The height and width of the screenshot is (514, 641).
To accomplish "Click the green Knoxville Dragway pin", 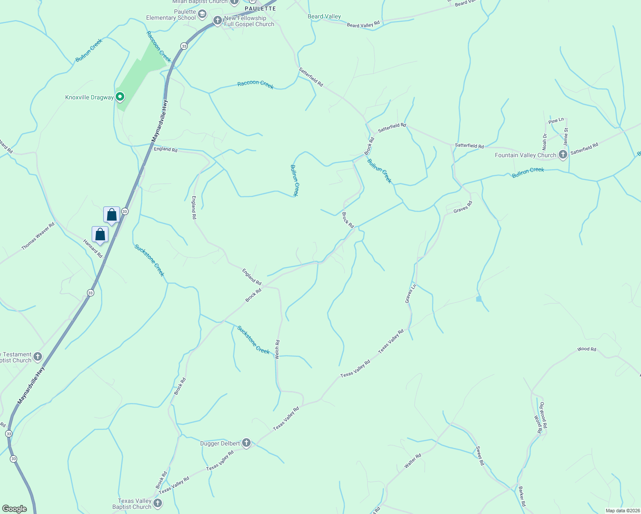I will click(120, 97).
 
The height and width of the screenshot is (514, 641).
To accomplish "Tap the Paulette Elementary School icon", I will click(202, 15).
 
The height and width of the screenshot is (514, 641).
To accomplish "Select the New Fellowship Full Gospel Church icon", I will click(218, 21).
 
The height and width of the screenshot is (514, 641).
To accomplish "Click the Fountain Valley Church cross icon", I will click(563, 155).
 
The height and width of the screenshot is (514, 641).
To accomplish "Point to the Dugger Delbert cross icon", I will click(246, 443).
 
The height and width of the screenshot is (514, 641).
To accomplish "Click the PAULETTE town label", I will click(260, 9).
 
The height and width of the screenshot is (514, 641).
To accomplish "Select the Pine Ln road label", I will click(556, 121).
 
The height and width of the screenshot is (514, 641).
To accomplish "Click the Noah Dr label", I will click(545, 142).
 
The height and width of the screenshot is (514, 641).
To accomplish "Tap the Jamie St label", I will click(566, 136).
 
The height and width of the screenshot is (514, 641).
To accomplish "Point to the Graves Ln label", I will click(410, 294).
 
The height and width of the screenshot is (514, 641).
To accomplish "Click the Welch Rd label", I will click(277, 349).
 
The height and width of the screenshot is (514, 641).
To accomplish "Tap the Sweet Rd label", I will click(480, 456).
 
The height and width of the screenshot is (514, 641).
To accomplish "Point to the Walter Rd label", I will click(413, 461).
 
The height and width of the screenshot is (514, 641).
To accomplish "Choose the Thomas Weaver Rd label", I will click(38, 236).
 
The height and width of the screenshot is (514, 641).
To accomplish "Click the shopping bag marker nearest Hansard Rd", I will click(100, 235).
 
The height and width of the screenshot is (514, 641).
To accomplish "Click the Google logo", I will click(14, 508).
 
